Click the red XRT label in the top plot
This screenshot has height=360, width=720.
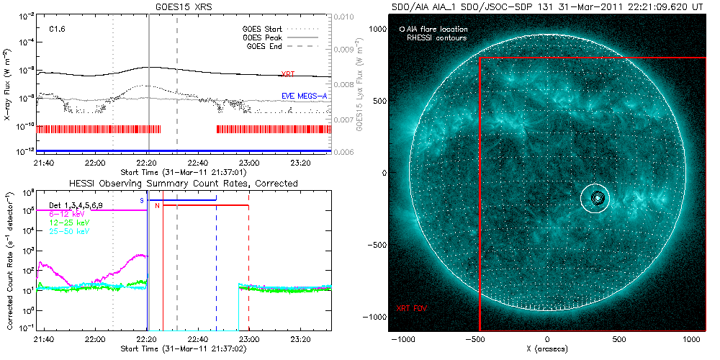tap(287, 74)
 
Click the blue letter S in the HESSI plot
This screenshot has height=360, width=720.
tap(142, 200)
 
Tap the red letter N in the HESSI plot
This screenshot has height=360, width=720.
tap(157, 207)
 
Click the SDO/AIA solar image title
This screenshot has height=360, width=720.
tap(546, 6)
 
